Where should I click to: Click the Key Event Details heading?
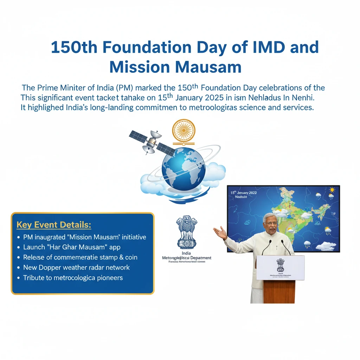tap(54, 225)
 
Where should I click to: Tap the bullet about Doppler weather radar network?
tap(76, 268)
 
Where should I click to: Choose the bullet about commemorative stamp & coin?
tap(80, 257)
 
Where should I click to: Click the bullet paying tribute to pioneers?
tap(73, 278)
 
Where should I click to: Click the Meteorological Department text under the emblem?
tap(186, 258)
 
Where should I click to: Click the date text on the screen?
tap(243, 193)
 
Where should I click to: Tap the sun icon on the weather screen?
tap(332, 190)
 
